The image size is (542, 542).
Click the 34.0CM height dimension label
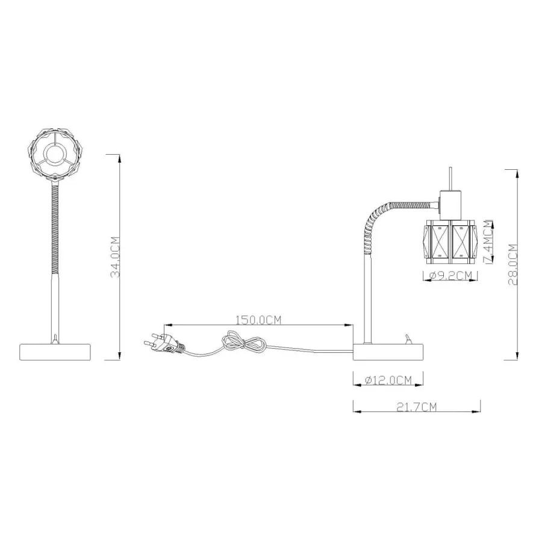coord(116,257)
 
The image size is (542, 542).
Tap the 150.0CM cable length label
coord(258,320)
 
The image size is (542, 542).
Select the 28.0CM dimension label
coord(513,264)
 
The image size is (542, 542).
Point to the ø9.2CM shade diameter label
coord(450,275)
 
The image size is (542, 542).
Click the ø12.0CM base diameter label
coord(388,380)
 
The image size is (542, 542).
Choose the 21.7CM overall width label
coord(417,407)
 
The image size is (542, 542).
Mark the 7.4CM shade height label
coord(488,242)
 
